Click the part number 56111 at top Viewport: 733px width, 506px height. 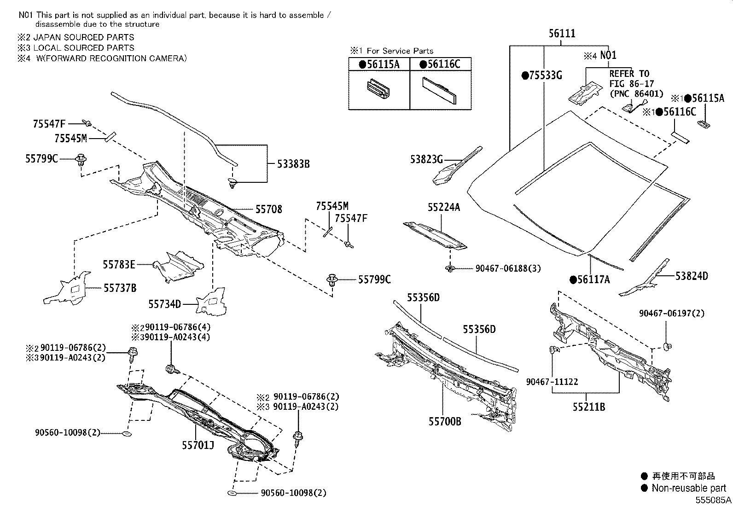562,34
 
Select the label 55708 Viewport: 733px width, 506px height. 269,209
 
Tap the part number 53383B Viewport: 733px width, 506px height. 293,163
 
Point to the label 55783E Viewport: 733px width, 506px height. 119,264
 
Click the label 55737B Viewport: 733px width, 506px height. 120,288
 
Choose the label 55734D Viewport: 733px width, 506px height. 164,304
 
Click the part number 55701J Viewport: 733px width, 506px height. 198,445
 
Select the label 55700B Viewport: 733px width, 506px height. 445,421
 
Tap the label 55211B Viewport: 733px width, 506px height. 589,407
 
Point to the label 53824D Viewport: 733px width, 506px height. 692,276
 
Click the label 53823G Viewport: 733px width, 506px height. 426,159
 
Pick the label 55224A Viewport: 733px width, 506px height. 443,208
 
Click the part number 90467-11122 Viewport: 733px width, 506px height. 552,382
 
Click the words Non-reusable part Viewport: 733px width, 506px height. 689,488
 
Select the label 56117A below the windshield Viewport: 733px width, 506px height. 589,279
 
